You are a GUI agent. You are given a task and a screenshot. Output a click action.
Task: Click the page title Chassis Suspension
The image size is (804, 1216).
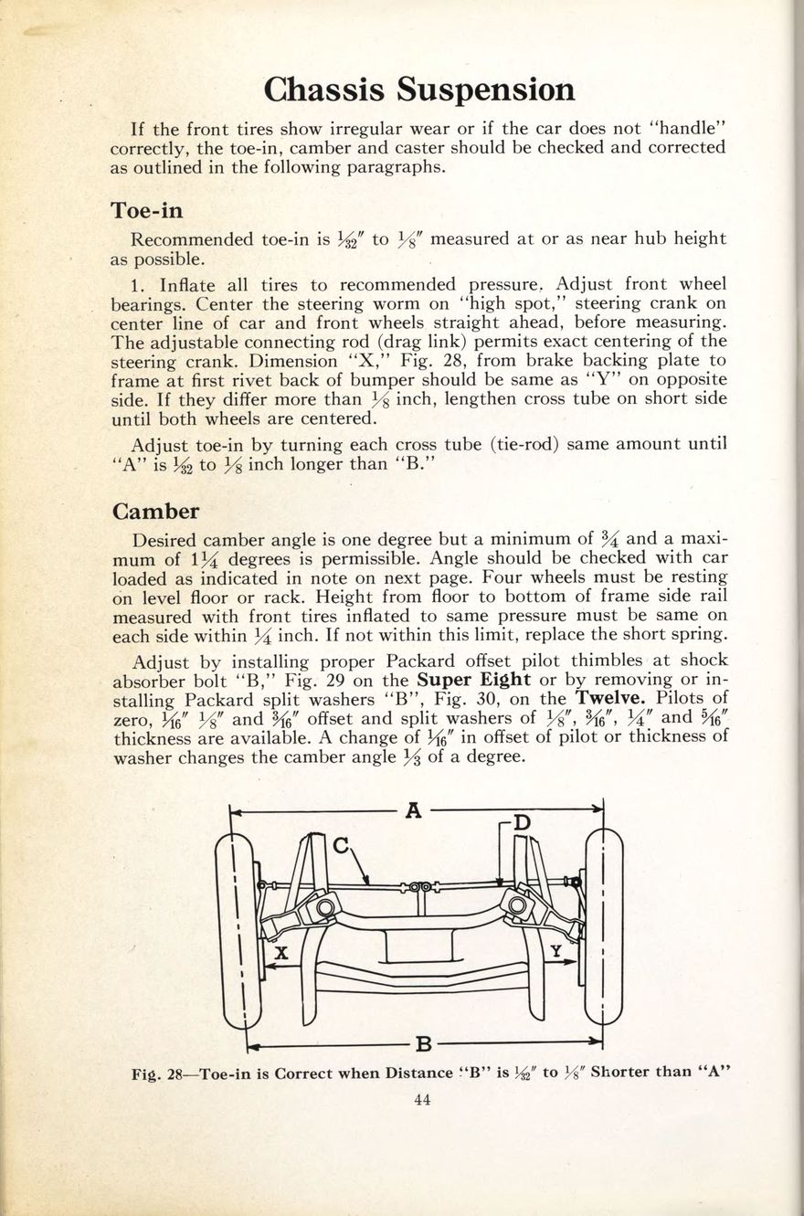click(419, 90)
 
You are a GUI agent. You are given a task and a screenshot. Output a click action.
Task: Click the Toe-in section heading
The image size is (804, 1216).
click(146, 210)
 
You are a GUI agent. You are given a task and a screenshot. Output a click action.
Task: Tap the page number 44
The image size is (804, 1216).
click(421, 1100)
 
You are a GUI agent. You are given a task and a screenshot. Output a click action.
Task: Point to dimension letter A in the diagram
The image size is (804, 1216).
click(413, 809)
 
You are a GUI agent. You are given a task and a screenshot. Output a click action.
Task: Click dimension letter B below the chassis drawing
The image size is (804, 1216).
click(422, 1042)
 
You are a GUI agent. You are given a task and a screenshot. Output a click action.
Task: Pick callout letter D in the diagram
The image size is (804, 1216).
click(521, 823)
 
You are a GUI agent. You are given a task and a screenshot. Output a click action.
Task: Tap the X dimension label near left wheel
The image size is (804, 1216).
click(281, 953)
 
